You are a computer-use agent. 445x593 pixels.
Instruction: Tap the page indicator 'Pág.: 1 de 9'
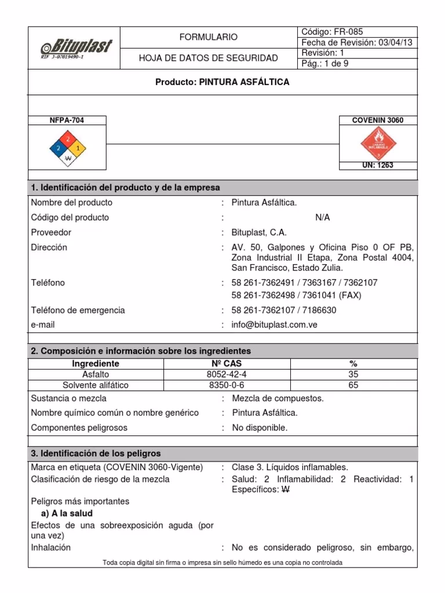click(x=325, y=64)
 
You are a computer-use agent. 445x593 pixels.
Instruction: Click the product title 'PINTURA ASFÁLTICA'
click(x=222, y=83)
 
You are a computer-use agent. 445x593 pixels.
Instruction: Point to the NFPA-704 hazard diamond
click(x=68, y=148)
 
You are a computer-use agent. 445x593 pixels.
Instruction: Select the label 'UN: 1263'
click(x=377, y=166)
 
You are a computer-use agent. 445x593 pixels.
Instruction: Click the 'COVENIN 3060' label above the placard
click(x=377, y=120)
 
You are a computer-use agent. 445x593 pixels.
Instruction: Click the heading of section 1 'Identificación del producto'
click(x=125, y=188)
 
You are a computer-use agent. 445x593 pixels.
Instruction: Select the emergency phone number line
click(x=283, y=310)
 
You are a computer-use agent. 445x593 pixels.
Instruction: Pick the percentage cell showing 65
click(x=353, y=385)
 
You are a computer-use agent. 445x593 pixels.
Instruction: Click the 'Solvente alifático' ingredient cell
click(x=96, y=385)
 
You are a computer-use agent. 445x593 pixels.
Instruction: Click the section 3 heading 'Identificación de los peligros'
click(x=96, y=453)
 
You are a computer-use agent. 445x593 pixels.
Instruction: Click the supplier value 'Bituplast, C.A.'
click(x=259, y=232)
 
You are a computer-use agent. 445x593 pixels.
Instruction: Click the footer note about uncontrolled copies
click(x=222, y=562)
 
